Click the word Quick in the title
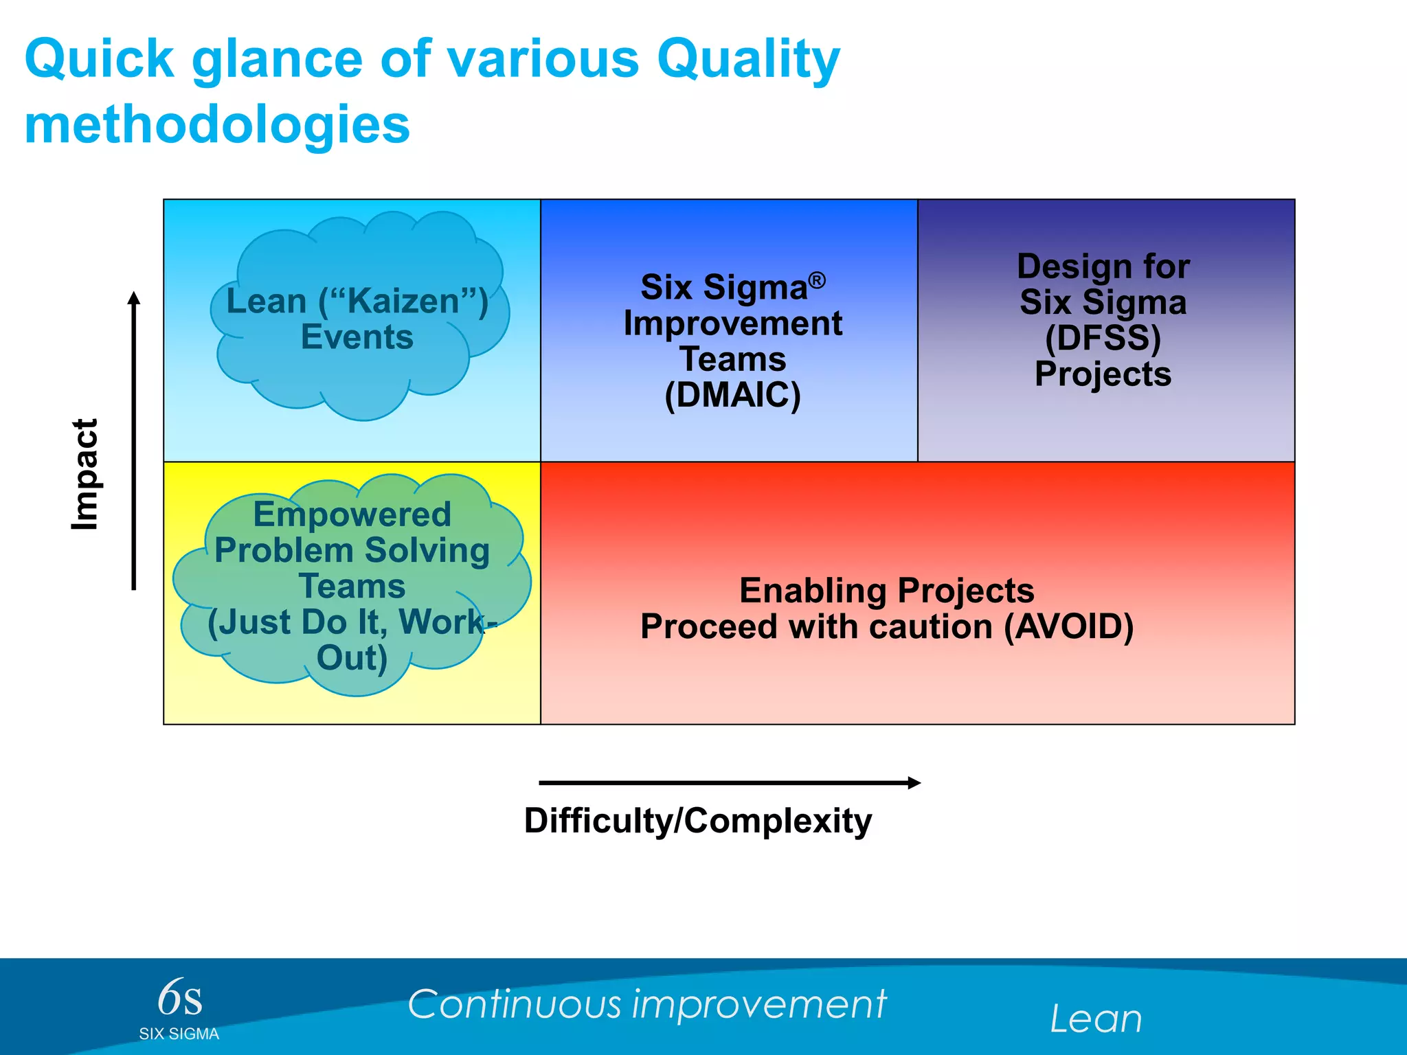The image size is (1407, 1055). pyautogui.click(x=100, y=60)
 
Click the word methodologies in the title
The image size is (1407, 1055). pyautogui.click(x=217, y=125)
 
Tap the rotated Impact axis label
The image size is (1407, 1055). pyautogui.click(x=85, y=474)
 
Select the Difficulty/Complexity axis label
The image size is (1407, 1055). pyautogui.click(x=697, y=821)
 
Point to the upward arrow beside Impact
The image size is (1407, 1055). pyautogui.click(x=134, y=440)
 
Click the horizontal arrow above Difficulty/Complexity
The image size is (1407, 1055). pyautogui.click(x=728, y=782)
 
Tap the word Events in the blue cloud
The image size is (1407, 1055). pyautogui.click(x=357, y=337)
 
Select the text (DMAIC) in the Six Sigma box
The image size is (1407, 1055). pyautogui.click(x=732, y=395)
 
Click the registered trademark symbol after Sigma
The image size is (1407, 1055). pyautogui.click(x=817, y=280)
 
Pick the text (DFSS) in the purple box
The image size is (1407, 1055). pyautogui.click(x=1103, y=338)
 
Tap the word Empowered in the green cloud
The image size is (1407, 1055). pyautogui.click(x=352, y=514)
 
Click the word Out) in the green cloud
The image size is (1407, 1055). pyautogui.click(x=352, y=658)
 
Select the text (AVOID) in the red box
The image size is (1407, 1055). pyautogui.click(x=1068, y=626)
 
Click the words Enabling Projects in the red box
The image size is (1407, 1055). pyautogui.click(x=886, y=591)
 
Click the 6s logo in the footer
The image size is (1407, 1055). pyautogui.click(x=180, y=998)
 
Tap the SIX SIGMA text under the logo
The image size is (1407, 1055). pyautogui.click(x=179, y=1034)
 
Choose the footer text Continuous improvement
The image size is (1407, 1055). pyautogui.click(x=646, y=1004)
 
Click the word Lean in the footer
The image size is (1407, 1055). pyautogui.click(x=1096, y=1019)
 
